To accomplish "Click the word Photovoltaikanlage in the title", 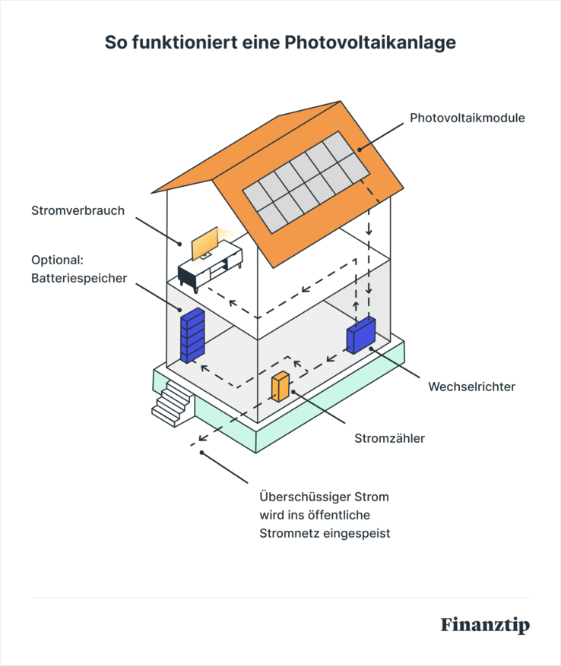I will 370,43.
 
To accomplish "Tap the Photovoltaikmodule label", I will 467,118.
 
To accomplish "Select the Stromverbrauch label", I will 77,210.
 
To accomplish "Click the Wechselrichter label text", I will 471,387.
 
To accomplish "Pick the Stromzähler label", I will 390,438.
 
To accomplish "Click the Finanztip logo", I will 484,625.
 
